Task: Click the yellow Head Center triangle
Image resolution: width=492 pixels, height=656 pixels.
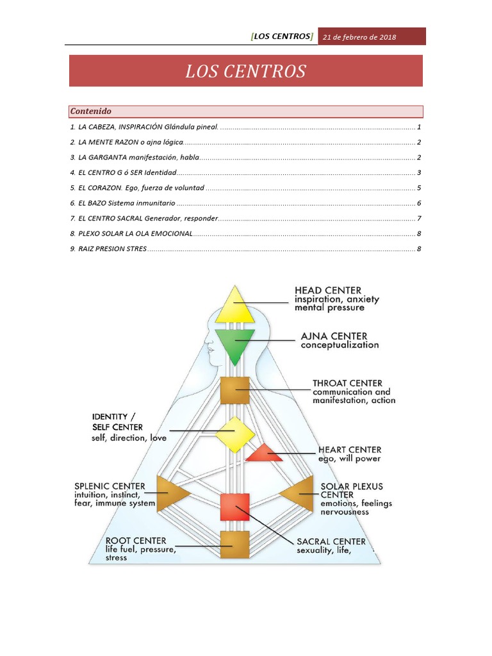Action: (235, 308)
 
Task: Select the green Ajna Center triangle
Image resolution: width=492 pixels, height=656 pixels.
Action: (235, 343)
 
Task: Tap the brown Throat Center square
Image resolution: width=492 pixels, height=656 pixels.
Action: (234, 390)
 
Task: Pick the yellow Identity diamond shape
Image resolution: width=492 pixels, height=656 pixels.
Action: (235, 434)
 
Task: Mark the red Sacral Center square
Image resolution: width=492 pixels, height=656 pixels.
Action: (234, 507)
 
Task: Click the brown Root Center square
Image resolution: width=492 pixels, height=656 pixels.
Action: (234, 545)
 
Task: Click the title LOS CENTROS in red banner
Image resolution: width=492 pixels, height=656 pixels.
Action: (246, 71)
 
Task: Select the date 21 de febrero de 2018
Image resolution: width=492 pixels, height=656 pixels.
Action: (359, 37)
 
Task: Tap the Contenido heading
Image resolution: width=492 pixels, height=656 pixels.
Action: (91, 111)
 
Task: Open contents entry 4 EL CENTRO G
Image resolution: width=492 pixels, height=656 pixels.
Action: (123, 173)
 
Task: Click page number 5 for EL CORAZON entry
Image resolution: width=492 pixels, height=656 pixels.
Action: (418, 188)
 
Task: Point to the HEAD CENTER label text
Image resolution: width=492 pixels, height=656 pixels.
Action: (327, 290)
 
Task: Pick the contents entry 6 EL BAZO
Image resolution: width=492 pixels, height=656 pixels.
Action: (122, 203)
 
